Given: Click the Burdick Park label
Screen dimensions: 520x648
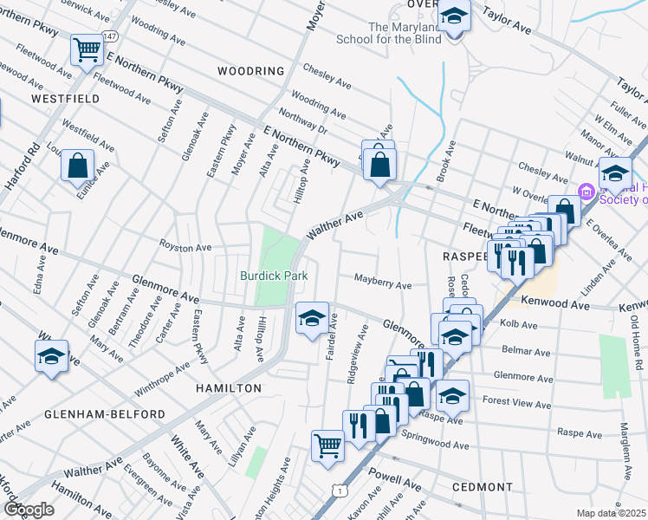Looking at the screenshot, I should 274,276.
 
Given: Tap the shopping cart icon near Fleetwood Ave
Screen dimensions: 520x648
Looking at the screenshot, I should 87,50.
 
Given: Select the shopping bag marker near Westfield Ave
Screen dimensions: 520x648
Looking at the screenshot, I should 77,164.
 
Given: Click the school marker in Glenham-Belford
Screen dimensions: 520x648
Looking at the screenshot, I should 51,356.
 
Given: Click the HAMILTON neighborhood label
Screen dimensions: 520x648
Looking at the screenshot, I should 228,388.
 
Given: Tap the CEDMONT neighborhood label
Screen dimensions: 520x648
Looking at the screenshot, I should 483,487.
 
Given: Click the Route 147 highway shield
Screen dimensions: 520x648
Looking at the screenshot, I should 108,36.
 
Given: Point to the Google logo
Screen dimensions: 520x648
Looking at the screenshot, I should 29,509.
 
